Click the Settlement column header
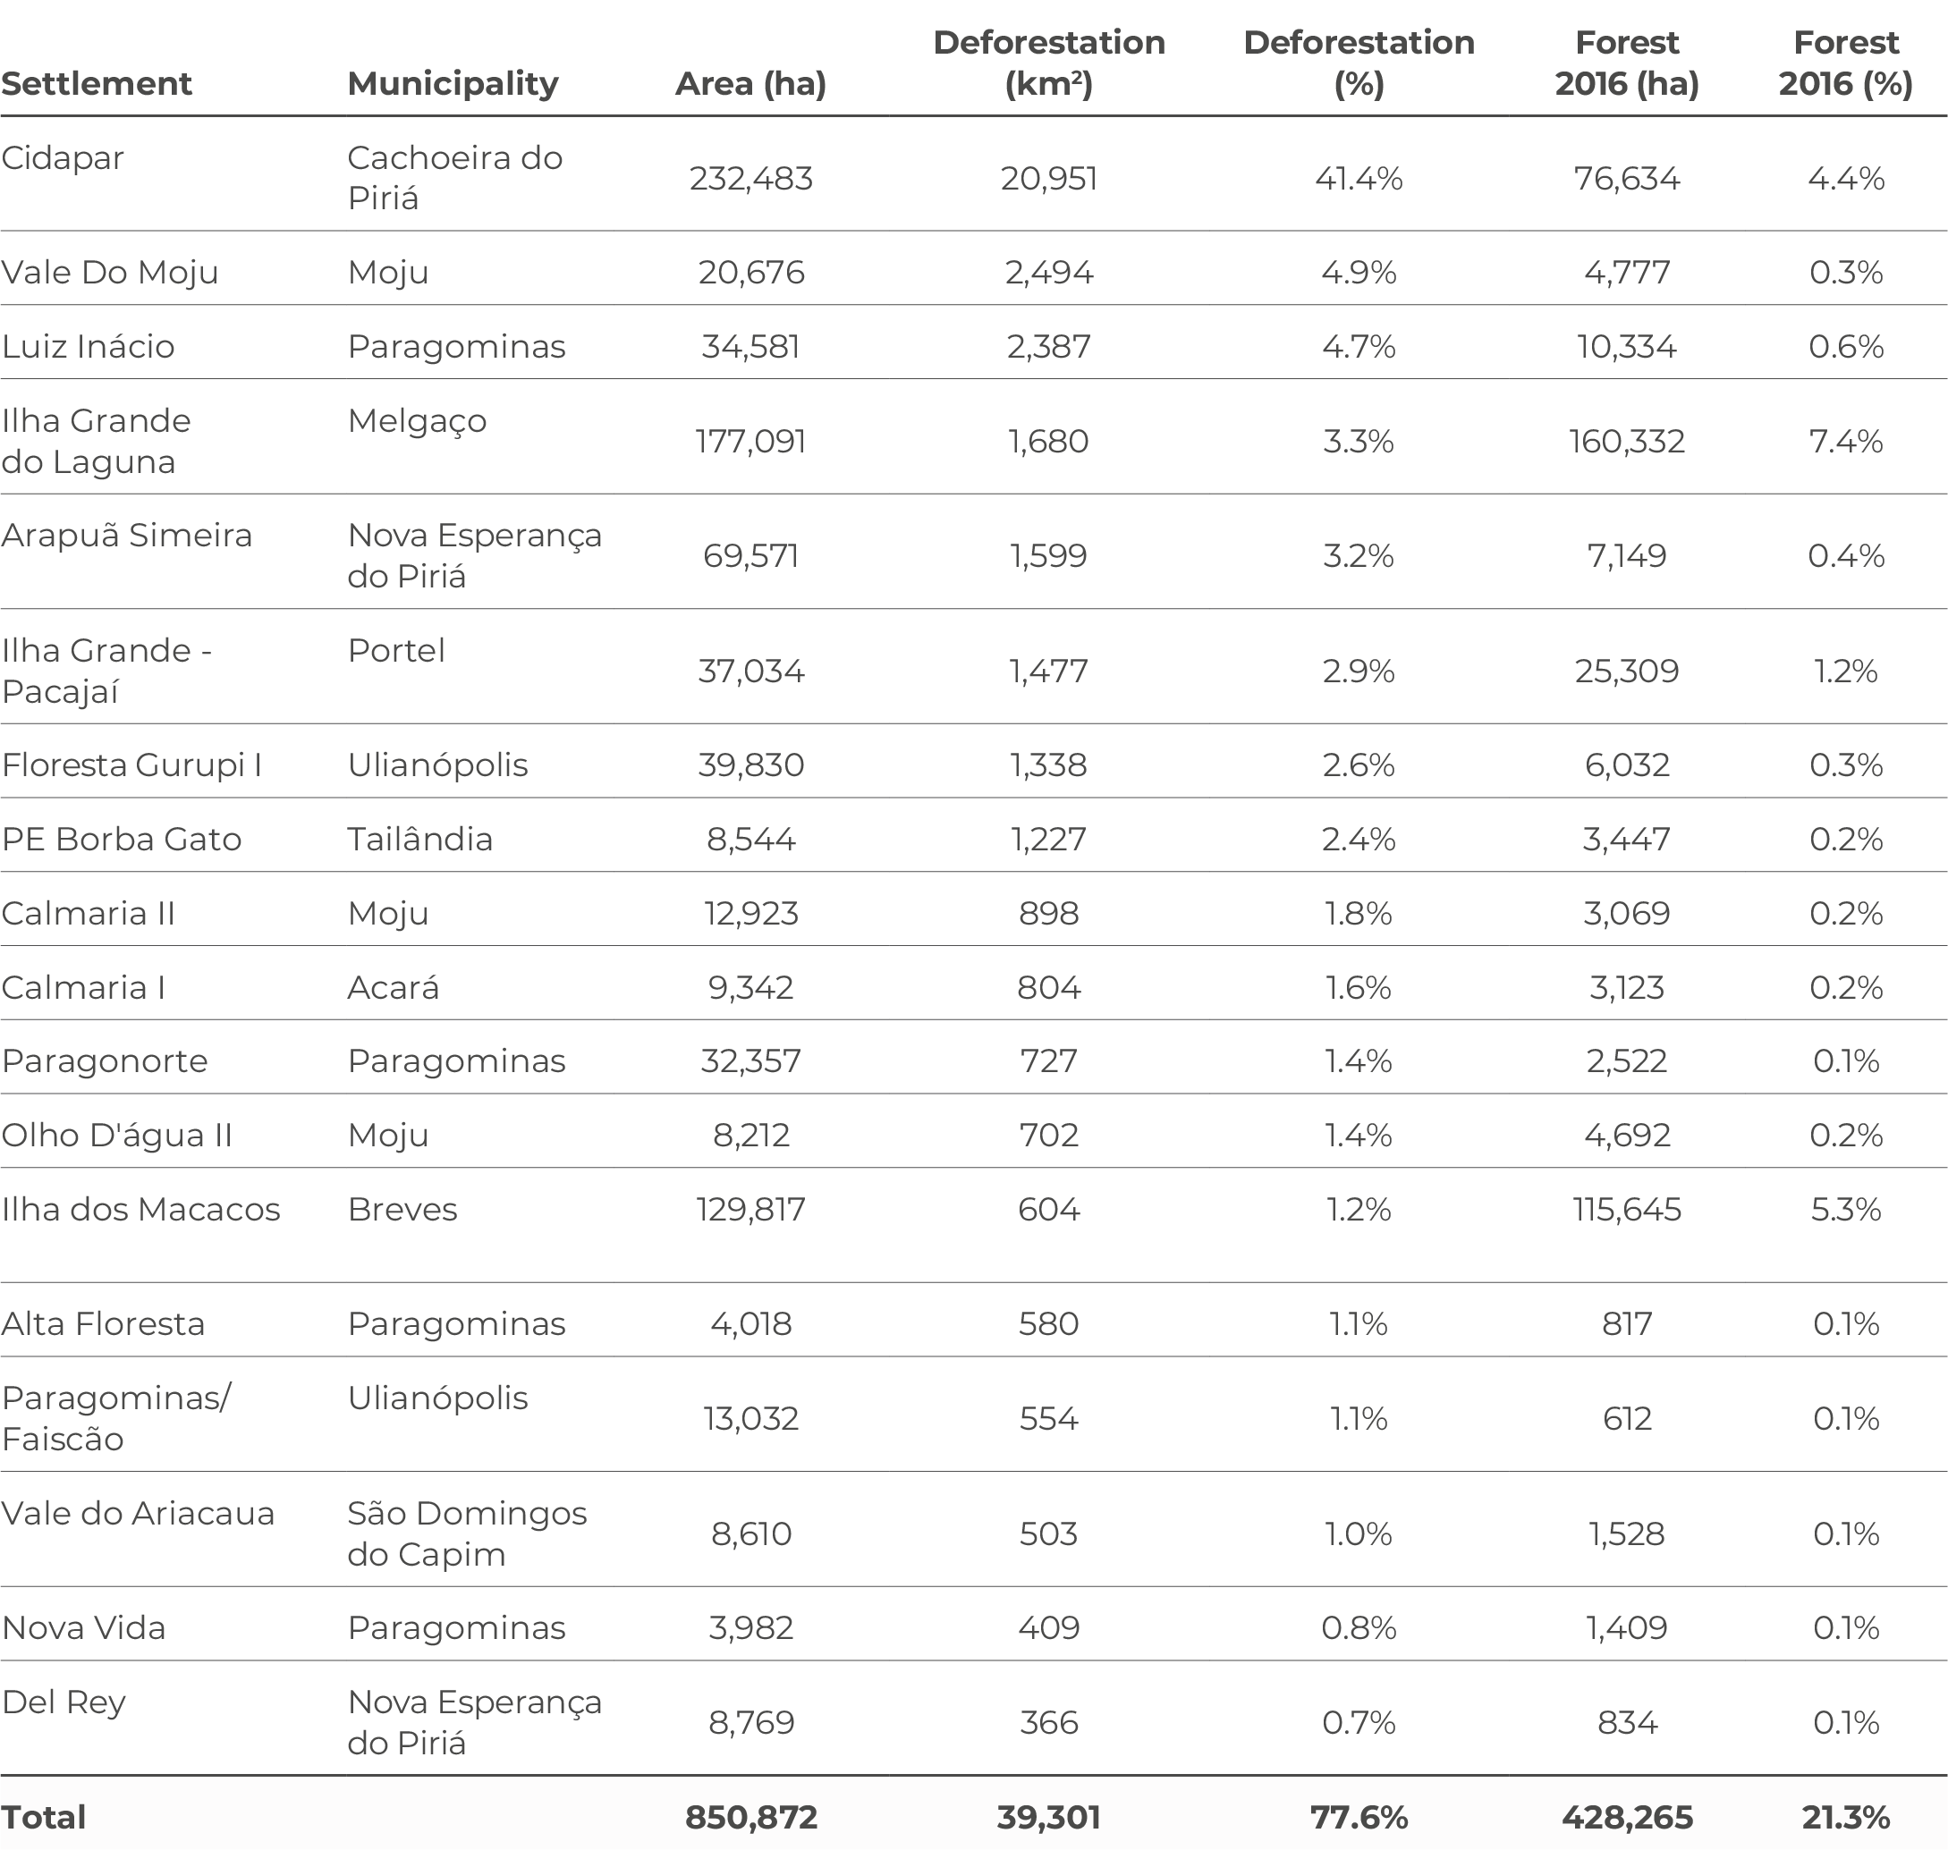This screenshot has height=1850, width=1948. pos(97,84)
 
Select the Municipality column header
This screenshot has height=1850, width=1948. pos(453,84)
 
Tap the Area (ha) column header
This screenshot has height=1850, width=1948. pos(750,84)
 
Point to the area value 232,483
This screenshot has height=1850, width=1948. pos(750,179)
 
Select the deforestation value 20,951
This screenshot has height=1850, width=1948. pos(1048,179)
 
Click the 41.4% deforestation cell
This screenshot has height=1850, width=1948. pos(1359,179)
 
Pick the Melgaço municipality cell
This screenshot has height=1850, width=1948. pos(417,422)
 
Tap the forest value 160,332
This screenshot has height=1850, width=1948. pos(1626,441)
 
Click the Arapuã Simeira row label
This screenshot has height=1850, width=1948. pos(127,536)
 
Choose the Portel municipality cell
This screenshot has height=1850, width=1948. pos(396,651)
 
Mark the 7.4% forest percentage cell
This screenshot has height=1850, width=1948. pos(1845,441)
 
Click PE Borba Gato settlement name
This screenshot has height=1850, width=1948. pos(122,840)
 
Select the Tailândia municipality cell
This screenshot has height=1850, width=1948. pos(420,840)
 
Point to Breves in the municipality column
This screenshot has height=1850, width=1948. pos(402,1210)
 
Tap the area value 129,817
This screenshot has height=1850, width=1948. pos(750,1210)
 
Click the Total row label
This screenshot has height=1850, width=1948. pos(44,1818)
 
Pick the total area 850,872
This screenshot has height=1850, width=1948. pos(750,1818)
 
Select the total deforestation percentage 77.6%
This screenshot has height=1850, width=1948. pos(1359,1818)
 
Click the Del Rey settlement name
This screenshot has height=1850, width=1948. pos(64,1703)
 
